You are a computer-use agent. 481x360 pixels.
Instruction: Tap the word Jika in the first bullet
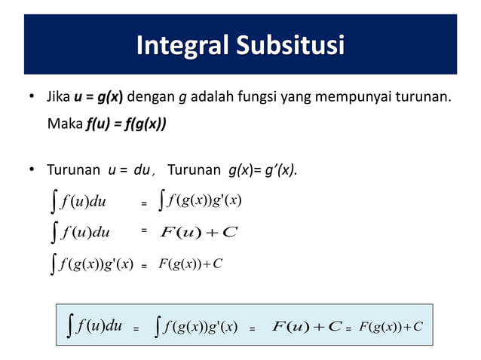click(x=59, y=98)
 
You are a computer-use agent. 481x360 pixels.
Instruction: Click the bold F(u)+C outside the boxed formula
click(x=200, y=231)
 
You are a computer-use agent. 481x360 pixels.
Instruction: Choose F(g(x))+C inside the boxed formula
click(x=391, y=326)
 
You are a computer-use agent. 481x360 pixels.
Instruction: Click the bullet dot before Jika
click(x=31, y=99)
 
